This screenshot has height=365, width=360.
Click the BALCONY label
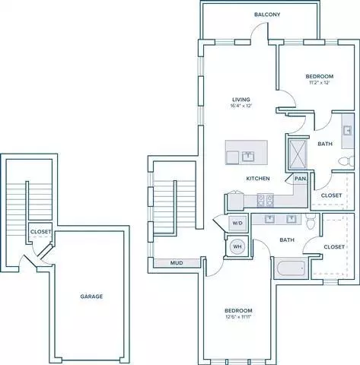(267, 14)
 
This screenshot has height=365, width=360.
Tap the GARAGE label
(91, 297)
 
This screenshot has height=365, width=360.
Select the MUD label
(177, 263)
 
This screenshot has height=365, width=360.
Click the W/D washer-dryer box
(237, 224)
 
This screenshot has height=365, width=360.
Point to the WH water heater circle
(237, 246)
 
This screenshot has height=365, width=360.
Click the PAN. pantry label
(301, 179)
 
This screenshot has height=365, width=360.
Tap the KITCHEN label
(258, 179)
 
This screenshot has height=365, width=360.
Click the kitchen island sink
(247, 156)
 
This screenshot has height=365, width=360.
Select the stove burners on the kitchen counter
(266, 200)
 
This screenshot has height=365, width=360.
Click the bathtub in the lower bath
(291, 268)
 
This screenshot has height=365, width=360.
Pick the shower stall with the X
(298, 154)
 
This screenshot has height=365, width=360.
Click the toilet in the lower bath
(311, 221)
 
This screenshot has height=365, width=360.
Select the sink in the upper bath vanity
(348, 131)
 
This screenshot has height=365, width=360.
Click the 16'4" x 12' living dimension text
(240, 106)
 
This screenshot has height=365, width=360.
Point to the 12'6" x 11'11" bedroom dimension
(238, 316)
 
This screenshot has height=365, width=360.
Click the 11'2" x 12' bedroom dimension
(320, 82)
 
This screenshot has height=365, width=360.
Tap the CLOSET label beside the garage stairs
(40, 232)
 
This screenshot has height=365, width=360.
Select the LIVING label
(241, 100)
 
